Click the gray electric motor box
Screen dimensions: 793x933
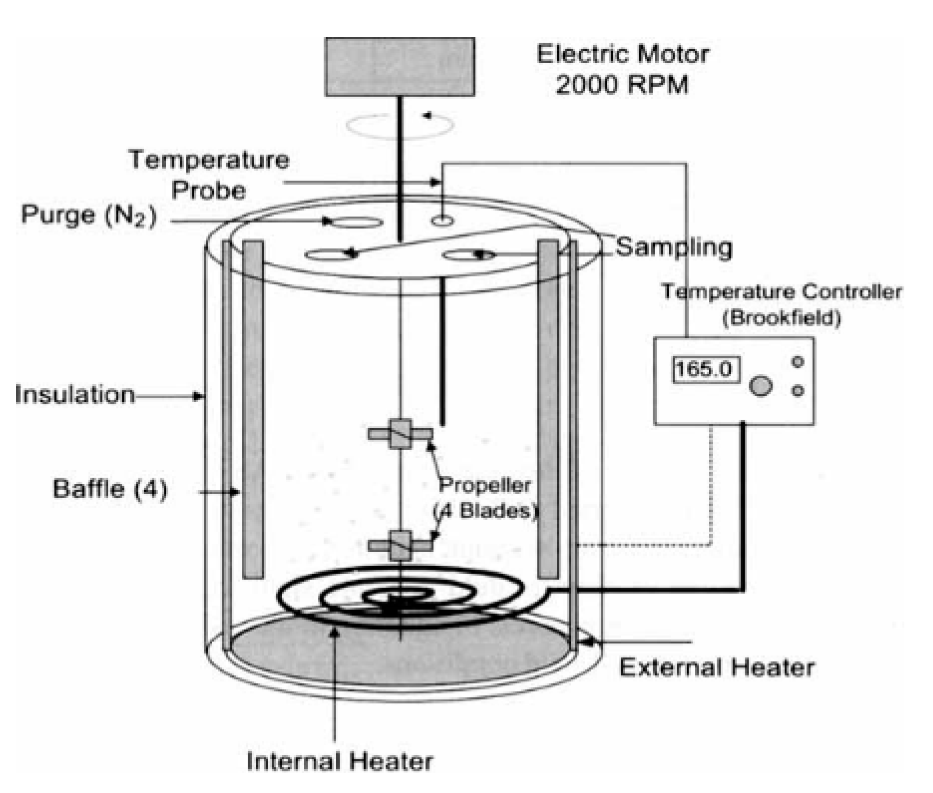[399, 66]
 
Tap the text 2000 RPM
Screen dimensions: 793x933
[622, 84]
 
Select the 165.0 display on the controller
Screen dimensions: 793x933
[705, 369]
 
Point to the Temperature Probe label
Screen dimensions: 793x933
[209, 175]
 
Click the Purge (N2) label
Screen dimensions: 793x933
[89, 215]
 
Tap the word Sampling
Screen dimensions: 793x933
[673, 247]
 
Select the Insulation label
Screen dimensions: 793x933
[75, 394]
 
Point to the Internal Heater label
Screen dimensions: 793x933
[340, 762]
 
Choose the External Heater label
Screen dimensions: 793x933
[717, 668]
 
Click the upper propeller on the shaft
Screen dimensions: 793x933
[400, 434]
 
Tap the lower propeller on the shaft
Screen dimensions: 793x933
[400, 545]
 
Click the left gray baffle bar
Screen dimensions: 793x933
[253, 409]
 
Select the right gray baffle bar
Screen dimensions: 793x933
[548, 409]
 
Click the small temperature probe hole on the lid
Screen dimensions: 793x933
[442, 221]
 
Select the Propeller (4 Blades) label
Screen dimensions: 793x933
[485, 498]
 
